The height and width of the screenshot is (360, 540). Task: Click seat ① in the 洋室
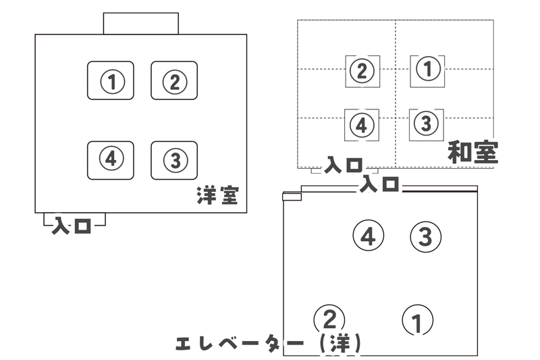pos(111,81)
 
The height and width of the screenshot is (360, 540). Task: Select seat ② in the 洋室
pos(173,81)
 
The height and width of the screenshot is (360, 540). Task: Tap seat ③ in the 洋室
pos(174,160)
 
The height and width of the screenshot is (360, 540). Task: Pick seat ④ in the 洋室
pos(111,159)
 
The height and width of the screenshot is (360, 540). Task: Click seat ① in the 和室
pos(429,69)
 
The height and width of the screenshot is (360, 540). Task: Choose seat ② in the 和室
pos(362,70)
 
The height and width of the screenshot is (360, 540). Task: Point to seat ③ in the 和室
pos(425,124)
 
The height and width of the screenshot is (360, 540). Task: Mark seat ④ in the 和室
pos(362,125)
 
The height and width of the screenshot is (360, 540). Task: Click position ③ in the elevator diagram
pos(425,236)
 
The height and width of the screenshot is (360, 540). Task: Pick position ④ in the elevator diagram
pos(368,236)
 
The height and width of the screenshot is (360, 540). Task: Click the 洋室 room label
pos(217,196)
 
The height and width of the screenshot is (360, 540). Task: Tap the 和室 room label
pos(473,153)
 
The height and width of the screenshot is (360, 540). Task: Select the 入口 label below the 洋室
pos(72,225)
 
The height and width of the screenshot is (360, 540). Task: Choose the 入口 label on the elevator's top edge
pos(379,184)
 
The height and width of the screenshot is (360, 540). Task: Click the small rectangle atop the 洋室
pos(140,23)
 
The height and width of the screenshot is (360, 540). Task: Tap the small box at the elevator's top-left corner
pos(292,197)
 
